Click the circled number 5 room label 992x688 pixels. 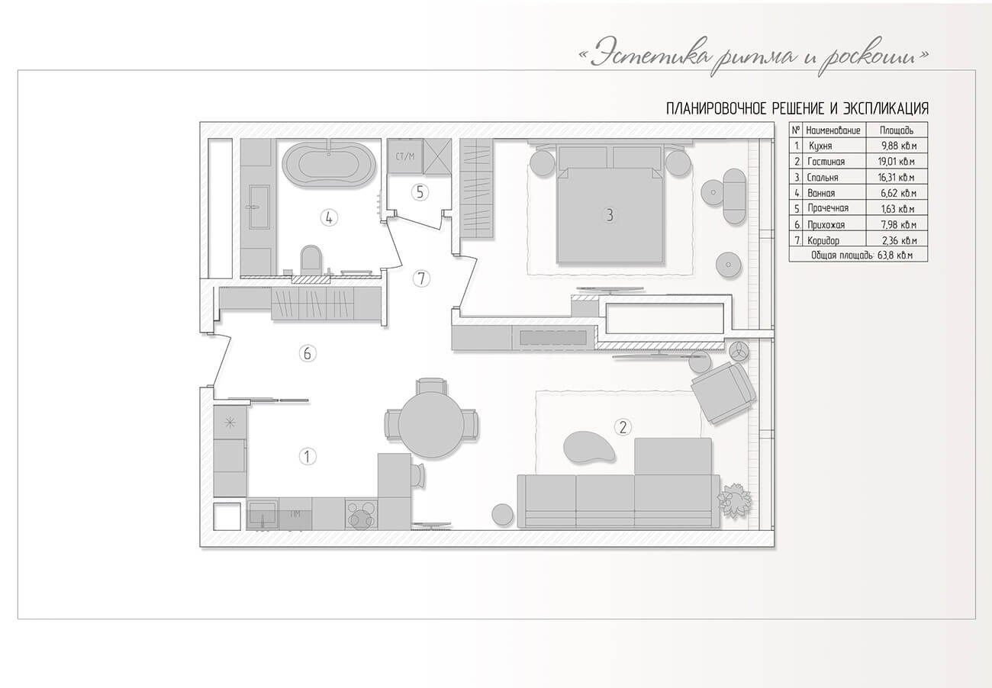coord(420,192)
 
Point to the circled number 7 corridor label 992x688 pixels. coord(421,279)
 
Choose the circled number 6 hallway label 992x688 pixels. coord(308,354)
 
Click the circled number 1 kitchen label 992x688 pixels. coord(308,456)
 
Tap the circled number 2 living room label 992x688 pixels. coord(623,427)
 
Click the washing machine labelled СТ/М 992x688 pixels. coord(405,156)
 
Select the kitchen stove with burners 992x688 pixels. coord(362,513)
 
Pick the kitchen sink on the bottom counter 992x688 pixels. coord(262,513)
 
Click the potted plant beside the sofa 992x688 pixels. coord(735,500)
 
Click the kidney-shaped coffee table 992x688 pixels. coord(589,448)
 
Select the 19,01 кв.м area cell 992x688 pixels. coord(897,162)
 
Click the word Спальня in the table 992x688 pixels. coord(823,178)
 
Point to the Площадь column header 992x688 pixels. coord(897,130)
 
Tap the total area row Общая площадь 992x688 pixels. coord(858,256)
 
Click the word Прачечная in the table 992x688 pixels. coord(828,208)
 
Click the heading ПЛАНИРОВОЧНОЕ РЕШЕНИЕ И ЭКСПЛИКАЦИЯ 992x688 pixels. coord(797,109)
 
